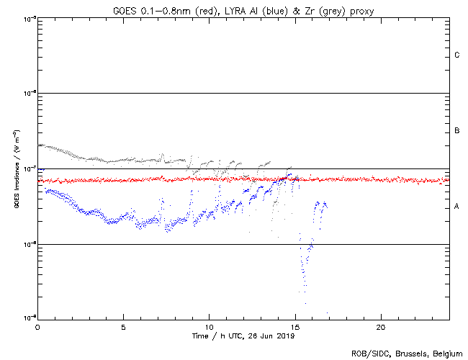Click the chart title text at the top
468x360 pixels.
243,9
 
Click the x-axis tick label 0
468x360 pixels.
37,326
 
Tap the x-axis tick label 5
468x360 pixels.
123,326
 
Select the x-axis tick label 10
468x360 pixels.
209,326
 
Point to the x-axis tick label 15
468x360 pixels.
294,326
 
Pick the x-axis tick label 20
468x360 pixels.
381,326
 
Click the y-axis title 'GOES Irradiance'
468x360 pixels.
16,168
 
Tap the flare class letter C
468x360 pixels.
457,55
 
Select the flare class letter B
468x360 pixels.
457,131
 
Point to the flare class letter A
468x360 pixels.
457,207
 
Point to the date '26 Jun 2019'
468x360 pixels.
271,336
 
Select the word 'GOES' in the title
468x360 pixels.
126,9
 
